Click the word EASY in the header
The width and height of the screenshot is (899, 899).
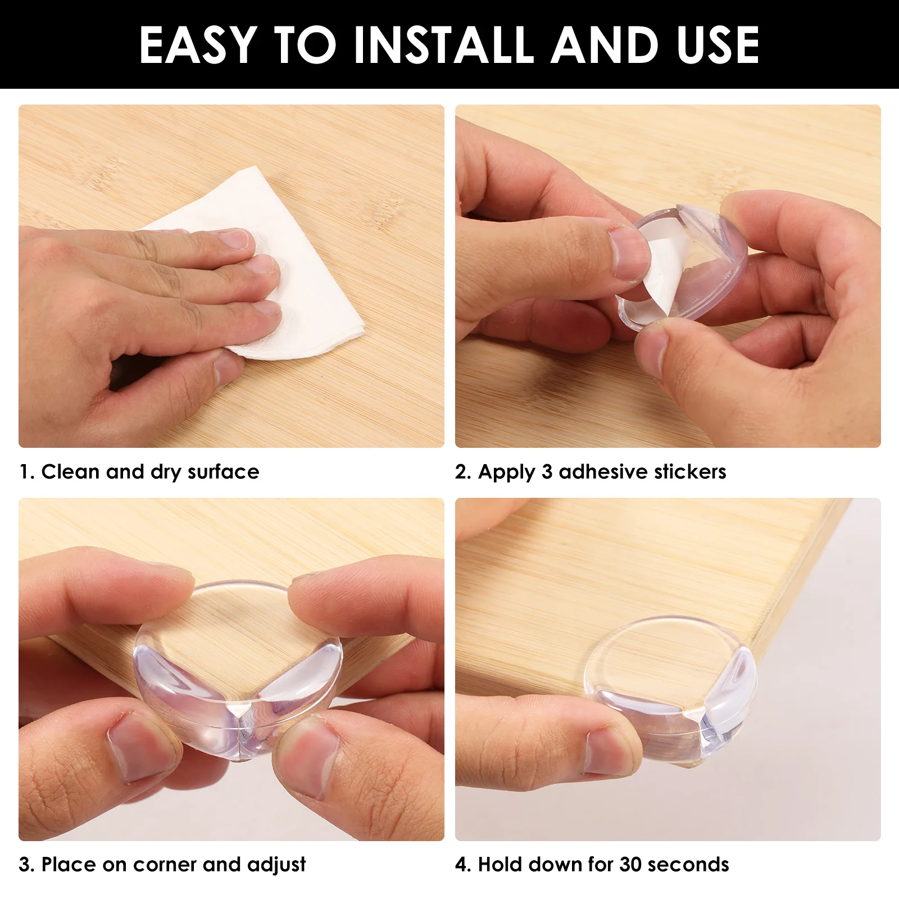pos(198,45)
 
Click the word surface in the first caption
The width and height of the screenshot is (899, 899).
pos(224,472)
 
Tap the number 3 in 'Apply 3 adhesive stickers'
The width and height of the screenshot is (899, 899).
pos(547,472)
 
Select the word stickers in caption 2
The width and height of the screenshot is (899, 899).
pos(691,472)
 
